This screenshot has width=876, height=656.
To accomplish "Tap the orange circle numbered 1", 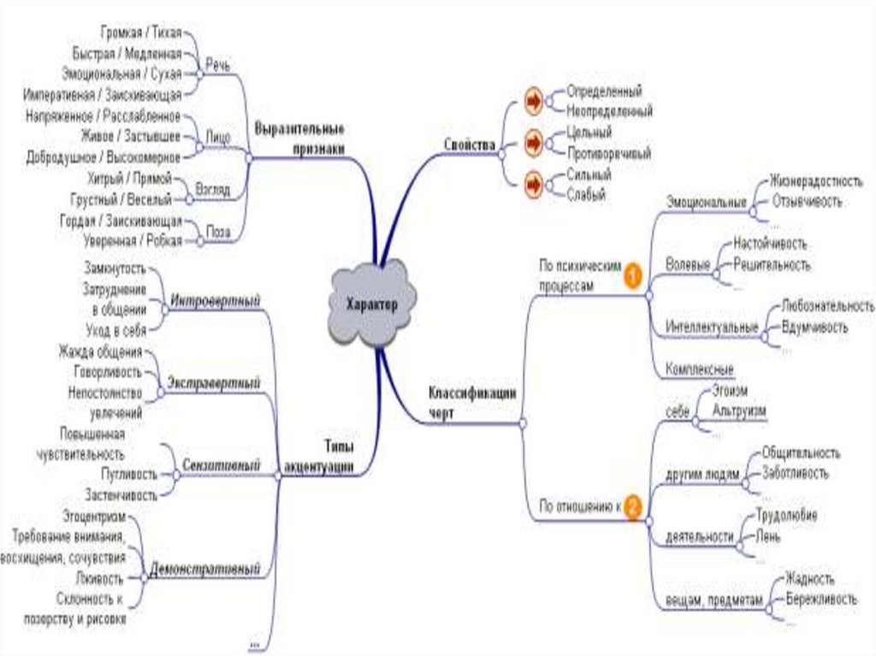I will [x=632, y=275].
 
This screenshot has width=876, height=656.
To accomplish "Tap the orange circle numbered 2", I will [x=632, y=505].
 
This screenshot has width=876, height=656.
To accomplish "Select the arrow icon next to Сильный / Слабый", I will [x=534, y=183].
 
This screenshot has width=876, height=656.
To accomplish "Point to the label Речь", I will [x=218, y=65].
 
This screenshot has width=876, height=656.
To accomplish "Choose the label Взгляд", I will [x=212, y=189].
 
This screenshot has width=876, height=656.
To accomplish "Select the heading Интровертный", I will [x=215, y=300].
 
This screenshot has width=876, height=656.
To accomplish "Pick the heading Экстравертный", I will [x=213, y=382].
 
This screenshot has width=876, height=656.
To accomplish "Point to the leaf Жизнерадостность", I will [x=814, y=181].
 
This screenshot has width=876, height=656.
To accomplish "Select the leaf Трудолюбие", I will [x=786, y=516].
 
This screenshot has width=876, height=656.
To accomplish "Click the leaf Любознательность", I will [x=827, y=305].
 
